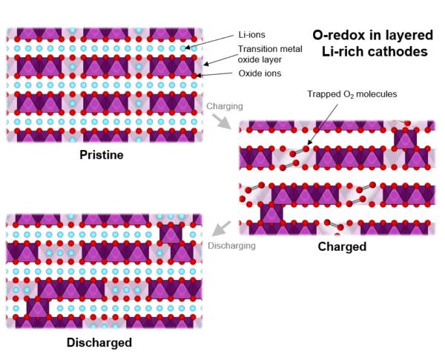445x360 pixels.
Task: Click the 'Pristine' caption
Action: (102, 156)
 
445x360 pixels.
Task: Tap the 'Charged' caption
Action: (342, 246)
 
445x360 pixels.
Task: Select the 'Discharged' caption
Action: (99, 342)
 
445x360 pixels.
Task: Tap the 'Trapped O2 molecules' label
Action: (352, 95)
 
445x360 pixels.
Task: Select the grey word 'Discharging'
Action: (231, 245)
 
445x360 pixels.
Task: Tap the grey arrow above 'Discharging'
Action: (221, 228)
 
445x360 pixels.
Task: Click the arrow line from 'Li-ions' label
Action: (211, 41)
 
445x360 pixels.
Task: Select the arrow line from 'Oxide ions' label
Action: (217, 73)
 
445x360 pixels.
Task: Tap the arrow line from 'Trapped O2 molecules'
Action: (318, 123)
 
